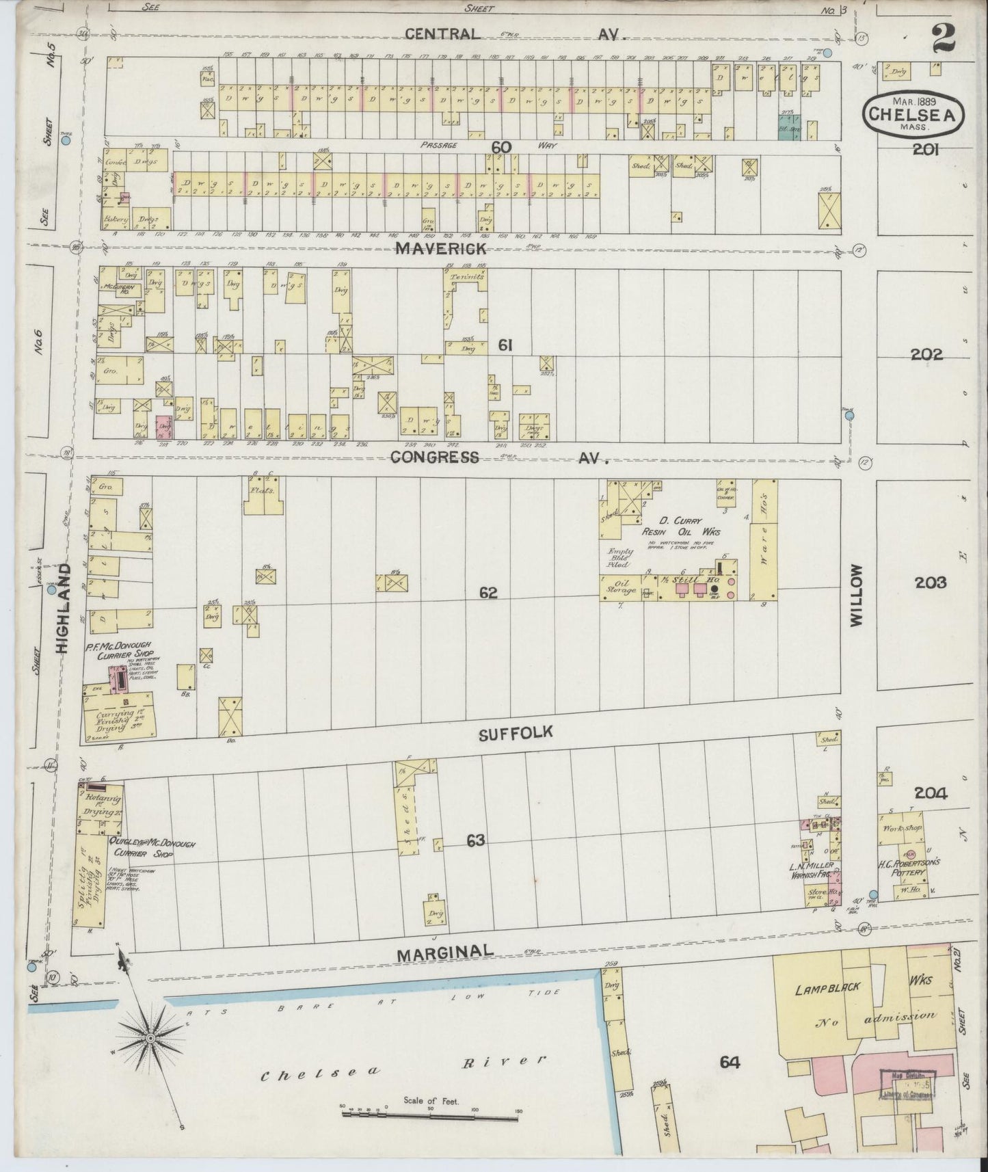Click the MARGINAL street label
[x=444, y=952]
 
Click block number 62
[x=488, y=593]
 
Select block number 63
[x=475, y=840]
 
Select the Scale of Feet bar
[x=431, y=1113]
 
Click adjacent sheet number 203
[x=931, y=583]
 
